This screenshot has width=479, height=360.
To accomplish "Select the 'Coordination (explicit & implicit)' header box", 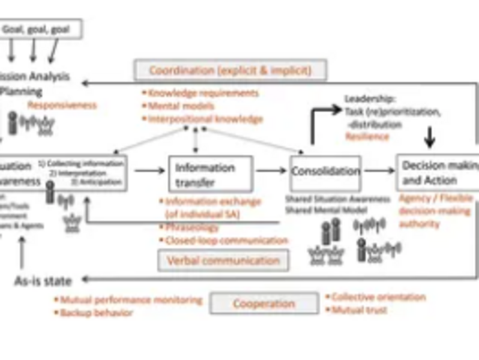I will coord(230,70).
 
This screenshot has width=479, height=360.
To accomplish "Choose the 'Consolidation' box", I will coord(325,172).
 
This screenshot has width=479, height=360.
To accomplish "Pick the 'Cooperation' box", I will coord(264,304).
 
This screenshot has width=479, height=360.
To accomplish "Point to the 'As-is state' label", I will coord(43,280).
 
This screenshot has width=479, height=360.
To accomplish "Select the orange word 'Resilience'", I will coord(367,137).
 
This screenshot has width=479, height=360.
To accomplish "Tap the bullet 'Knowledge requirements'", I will coord(203,93).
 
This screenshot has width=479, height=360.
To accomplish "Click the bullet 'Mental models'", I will coord(178,106).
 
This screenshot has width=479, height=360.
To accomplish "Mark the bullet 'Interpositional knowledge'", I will coord(205,119).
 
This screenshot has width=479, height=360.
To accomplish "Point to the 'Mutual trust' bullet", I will coord(359,310).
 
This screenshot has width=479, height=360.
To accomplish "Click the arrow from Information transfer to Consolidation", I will coord(271,170).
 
